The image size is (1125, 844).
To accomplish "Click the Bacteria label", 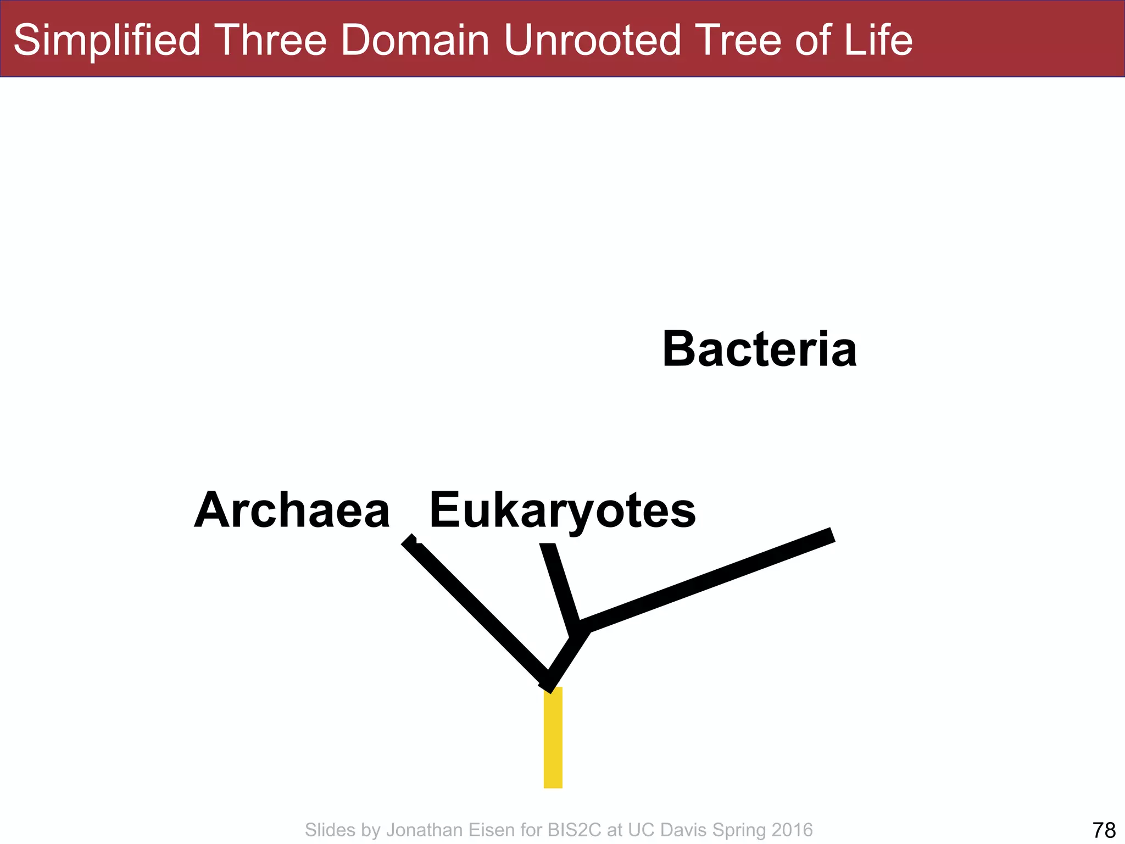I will coord(759,349).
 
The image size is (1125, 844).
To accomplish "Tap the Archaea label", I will coord(292,510).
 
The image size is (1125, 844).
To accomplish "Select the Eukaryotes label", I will coord(562,510).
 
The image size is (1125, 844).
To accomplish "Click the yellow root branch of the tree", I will coord(553,737).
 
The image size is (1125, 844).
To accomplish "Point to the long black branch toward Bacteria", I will coord(709,582).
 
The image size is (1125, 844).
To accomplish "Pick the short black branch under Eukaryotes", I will coord(560,588).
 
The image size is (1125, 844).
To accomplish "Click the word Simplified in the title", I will coord(107,40).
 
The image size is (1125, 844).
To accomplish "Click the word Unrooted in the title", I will coord(593,40).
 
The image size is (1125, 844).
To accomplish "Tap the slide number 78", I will coord(1104,830).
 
